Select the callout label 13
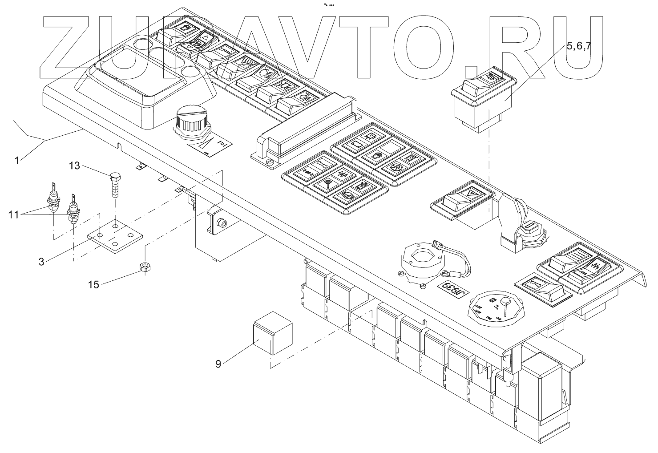point(75,166)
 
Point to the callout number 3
point(41,262)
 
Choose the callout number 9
point(218,364)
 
